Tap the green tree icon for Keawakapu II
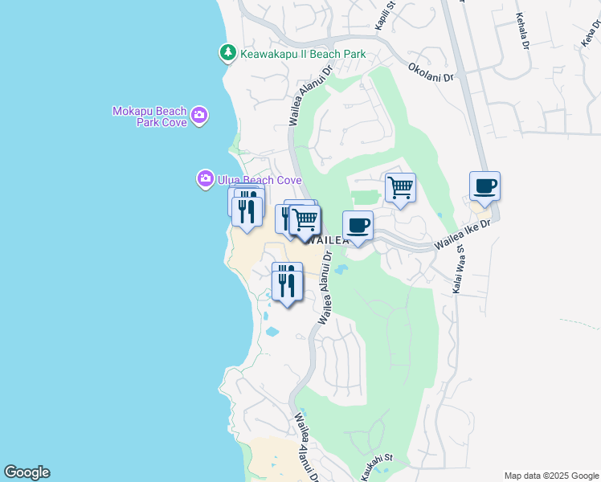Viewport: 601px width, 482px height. tap(228, 53)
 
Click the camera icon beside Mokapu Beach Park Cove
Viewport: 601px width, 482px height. tap(199, 116)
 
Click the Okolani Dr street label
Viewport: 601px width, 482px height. tap(431, 73)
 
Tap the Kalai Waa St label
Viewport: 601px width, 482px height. tap(460, 270)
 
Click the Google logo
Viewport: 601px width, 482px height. tap(27, 472)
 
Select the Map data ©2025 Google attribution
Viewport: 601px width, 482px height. tap(550, 476)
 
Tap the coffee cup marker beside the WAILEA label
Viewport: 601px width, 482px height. tap(358, 226)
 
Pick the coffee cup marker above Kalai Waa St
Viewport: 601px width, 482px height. tap(484, 186)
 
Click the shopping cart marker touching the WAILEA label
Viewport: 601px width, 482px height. tap(305, 219)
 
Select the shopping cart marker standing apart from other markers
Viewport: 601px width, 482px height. tap(400, 188)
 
